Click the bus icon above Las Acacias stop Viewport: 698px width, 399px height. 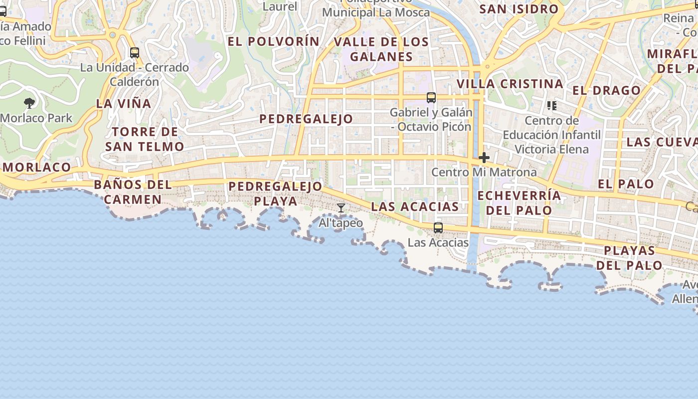(x=438, y=228)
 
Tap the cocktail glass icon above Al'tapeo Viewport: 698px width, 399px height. (x=341, y=208)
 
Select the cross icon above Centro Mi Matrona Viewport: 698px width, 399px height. (x=484, y=158)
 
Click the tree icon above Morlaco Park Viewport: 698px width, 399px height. (x=29, y=103)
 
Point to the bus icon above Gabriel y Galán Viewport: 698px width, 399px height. (x=431, y=98)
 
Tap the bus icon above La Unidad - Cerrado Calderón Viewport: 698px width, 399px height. (x=134, y=52)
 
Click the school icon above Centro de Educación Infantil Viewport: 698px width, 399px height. (x=551, y=106)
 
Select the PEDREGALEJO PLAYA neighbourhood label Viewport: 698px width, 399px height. (x=275, y=194)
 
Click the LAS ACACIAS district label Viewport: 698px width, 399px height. (x=415, y=206)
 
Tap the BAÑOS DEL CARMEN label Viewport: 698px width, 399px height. (x=133, y=192)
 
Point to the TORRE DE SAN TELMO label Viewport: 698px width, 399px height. (x=145, y=139)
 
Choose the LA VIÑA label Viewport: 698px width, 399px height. (x=123, y=104)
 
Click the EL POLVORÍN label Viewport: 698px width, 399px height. (x=273, y=41)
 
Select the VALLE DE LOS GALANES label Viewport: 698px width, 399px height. (x=381, y=49)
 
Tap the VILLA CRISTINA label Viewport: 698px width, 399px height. (x=510, y=84)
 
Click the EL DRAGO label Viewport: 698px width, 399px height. (x=606, y=90)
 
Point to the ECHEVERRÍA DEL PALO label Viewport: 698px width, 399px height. (x=519, y=202)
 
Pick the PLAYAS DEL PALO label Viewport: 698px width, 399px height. (x=629, y=257)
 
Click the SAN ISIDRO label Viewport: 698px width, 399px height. (x=519, y=9)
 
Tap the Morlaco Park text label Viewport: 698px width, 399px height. (x=36, y=118)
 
